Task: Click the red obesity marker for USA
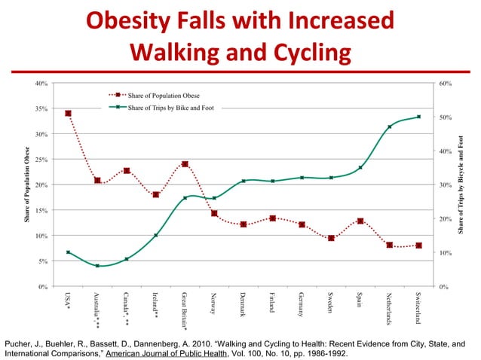(x=69, y=114)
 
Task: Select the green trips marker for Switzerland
(x=418, y=117)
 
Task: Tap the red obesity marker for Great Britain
(x=185, y=164)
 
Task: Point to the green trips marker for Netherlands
(x=389, y=127)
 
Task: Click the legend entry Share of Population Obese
(x=158, y=96)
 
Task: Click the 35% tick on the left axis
(x=44, y=108)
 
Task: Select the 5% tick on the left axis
(x=45, y=261)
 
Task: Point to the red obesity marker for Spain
(x=360, y=221)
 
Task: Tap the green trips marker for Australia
(x=98, y=266)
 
